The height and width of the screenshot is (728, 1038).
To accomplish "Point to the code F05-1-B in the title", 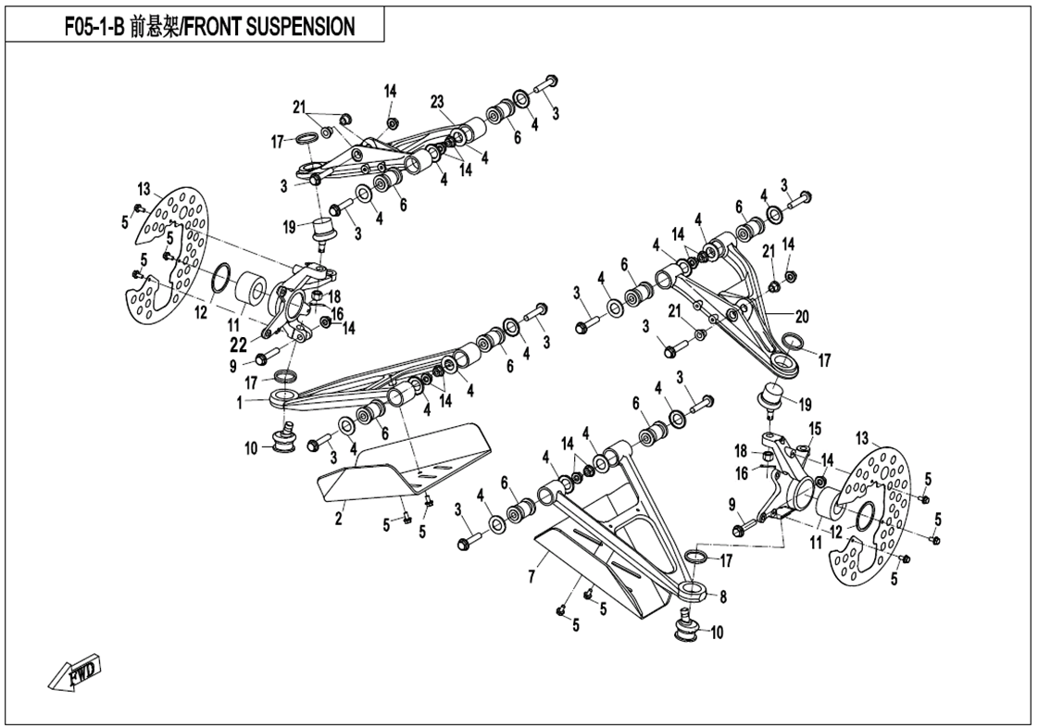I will point(94,27).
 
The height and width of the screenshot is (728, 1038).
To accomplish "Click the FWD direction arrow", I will point(78,674).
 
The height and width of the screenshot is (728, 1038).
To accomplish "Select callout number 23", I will point(438,101).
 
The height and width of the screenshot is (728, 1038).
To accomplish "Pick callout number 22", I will point(239,345).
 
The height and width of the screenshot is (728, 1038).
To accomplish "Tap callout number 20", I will point(802,317).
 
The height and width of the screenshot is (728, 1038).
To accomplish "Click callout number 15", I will point(815,429).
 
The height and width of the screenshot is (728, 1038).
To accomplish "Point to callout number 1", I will point(239,403).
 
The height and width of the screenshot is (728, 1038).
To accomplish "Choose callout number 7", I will point(531,578).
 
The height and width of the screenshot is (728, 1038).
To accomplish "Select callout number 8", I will point(722,597).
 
